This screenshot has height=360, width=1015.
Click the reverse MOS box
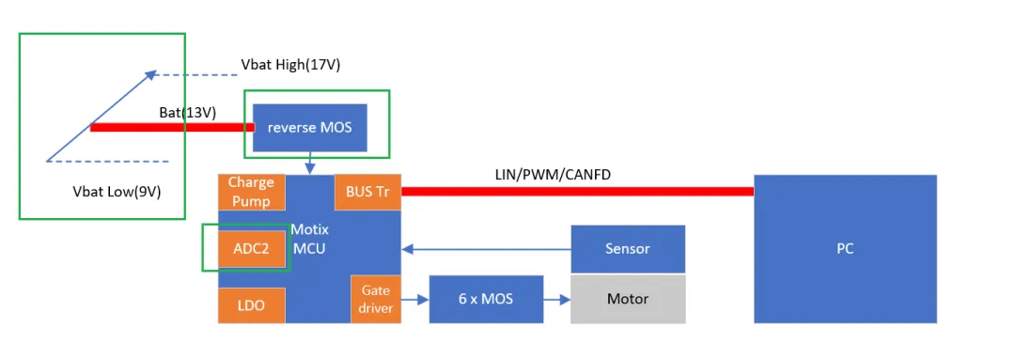pyautogui.click(x=309, y=127)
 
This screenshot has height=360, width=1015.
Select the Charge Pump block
pyautogui.click(x=250, y=192)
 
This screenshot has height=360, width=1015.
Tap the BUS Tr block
pyautogui.click(x=367, y=192)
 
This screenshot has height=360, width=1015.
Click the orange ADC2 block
pyautogui.click(x=251, y=249)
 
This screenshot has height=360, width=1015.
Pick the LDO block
pyautogui.click(x=250, y=305)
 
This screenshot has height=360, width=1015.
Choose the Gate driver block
pyautogui.click(x=375, y=299)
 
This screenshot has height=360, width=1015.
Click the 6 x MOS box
pyautogui.click(x=486, y=299)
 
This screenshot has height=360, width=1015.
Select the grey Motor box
pyautogui.click(x=628, y=299)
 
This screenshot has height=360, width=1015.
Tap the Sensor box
pyautogui.click(x=628, y=249)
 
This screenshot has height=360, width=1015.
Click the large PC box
pyautogui.click(x=845, y=249)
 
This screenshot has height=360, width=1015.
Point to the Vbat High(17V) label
pyautogui.click(x=290, y=65)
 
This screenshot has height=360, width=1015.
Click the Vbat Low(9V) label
pyautogui.click(x=117, y=192)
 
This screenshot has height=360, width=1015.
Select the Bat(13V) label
pyautogui.click(x=188, y=113)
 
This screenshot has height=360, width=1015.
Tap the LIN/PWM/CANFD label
pyautogui.click(x=545, y=175)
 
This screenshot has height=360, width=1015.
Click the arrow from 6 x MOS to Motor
pyautogui.click(x=557, y=300)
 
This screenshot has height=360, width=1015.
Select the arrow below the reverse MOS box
pyautogui.click(x=309, y=164)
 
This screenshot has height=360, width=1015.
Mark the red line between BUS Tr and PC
pyautogui.click(x=577, y=192)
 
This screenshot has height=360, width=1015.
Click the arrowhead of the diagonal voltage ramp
pyautogui.click(x=150, y=72)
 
